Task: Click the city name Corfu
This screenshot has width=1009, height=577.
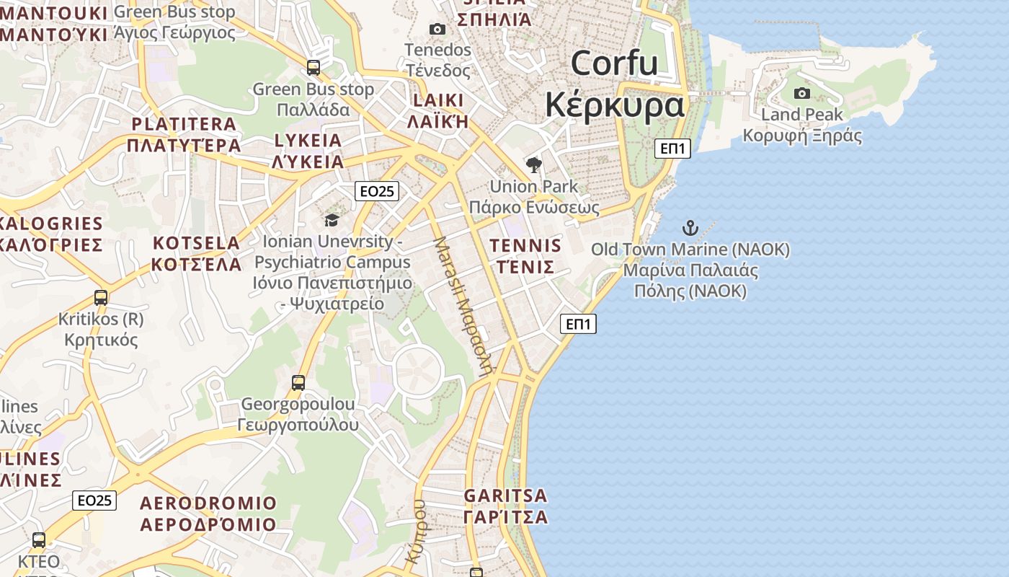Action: [x=614, y=63]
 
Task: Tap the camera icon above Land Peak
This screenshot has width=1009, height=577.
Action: [x=801, y=93]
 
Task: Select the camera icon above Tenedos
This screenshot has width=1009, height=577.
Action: [x=437, y=29]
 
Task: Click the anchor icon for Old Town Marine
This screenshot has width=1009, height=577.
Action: [x=690, y=229]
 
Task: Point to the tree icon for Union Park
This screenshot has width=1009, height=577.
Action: [x=533, y=165]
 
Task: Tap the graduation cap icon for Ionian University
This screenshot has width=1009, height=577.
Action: [x=332, y=220]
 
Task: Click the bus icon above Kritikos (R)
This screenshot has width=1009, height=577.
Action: [x=101, y=297]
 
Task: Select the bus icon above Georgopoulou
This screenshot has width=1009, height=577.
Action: [x=298, y=382]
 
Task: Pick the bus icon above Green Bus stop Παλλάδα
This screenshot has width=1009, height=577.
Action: [x=314, y=68]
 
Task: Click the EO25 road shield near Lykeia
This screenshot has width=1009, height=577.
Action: [x=377, y=190]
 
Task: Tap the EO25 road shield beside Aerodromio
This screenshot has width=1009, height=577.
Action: [x=95, y=500]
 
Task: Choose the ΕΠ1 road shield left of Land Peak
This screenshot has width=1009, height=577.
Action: [x=672, y=149]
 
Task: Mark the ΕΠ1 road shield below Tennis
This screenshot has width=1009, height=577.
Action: [x=578, y=324]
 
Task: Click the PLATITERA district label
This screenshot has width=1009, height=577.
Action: [x=184, y=124]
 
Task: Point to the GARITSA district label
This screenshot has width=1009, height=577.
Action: [x=505, y=496]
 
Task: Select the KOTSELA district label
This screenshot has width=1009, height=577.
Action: [x=196, y=243]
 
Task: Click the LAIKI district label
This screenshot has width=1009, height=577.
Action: [x=438, y=100]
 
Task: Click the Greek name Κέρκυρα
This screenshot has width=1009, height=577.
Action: [x=614, y=105]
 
